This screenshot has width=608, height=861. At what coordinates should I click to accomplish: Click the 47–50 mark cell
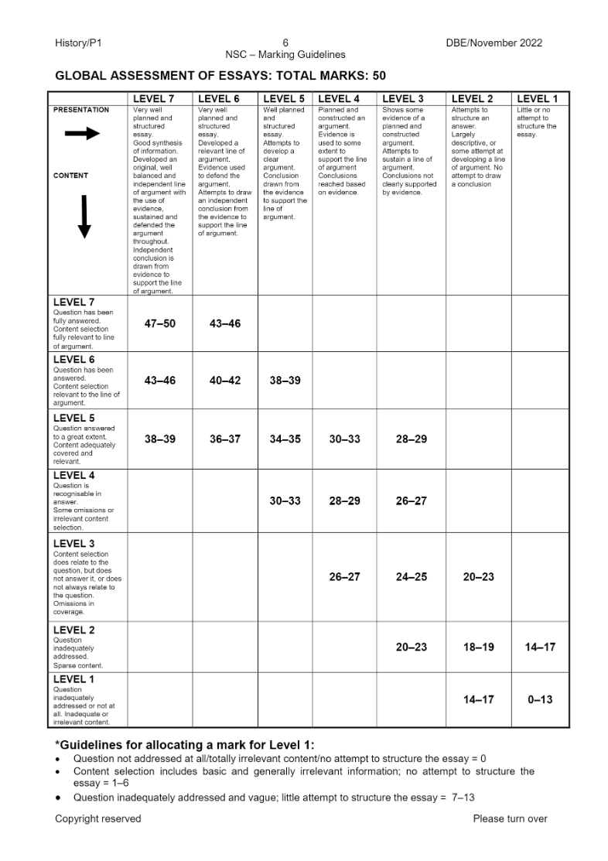click(160, 323)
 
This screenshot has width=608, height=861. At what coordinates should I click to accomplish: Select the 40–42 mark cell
click(225, 380)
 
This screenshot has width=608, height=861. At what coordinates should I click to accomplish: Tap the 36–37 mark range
click(225, 439)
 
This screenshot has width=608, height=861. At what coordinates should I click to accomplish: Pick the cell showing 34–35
click(285, 439)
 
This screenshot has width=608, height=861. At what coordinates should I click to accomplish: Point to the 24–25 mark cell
click(411, 576)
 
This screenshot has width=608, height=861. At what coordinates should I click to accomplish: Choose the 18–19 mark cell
click(478, 647)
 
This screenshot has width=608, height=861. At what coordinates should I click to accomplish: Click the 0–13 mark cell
click(540, 699)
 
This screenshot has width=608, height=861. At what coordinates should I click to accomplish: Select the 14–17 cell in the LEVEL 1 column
click(540, 647)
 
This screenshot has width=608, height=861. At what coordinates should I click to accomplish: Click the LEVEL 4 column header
click(339, 99)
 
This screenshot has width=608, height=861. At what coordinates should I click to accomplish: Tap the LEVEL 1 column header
click(537, 99)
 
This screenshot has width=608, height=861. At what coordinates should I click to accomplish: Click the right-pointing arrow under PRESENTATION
click(82, 134)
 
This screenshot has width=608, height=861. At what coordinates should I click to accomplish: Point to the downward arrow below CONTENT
click(84, 217)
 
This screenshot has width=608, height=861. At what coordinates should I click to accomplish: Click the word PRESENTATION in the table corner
click(81, 110)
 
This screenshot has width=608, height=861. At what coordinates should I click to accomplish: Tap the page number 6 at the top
click(285, 43)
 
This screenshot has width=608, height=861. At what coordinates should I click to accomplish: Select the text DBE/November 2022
click(494, 43)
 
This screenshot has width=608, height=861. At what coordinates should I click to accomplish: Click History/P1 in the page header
click(79, 43)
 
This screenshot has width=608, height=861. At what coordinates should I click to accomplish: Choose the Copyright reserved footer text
click(98, 818)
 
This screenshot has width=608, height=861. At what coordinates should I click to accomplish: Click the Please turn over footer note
click(510, 818)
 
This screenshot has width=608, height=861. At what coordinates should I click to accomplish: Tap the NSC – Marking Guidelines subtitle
click(285, 55)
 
